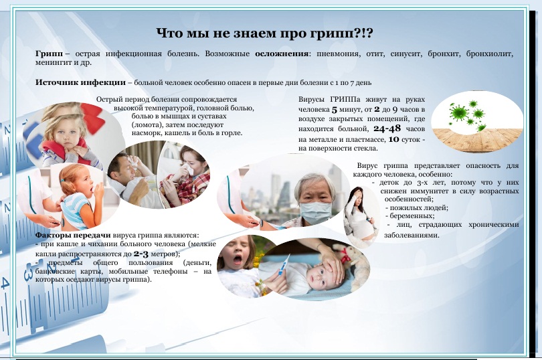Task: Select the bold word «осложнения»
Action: coord(282,54)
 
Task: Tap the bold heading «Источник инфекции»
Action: coord(80,83)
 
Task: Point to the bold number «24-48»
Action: coord(387,128)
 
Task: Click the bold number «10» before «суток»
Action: coord(393,139)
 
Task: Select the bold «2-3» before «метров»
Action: coord(141,254)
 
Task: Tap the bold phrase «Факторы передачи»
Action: coord(73,235)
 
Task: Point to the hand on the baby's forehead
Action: coord(327,263)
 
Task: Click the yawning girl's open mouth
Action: coord(238,260)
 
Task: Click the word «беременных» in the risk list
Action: coord(412,215)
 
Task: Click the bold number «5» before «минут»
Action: coord(335,110)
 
